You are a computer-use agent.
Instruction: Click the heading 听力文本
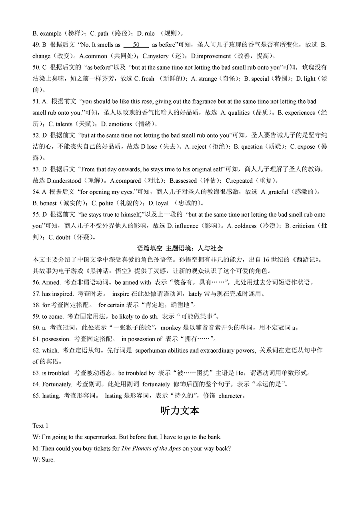point(180,411)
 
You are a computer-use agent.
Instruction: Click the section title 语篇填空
point(162,248)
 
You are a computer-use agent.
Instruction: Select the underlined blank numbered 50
point(136,45)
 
